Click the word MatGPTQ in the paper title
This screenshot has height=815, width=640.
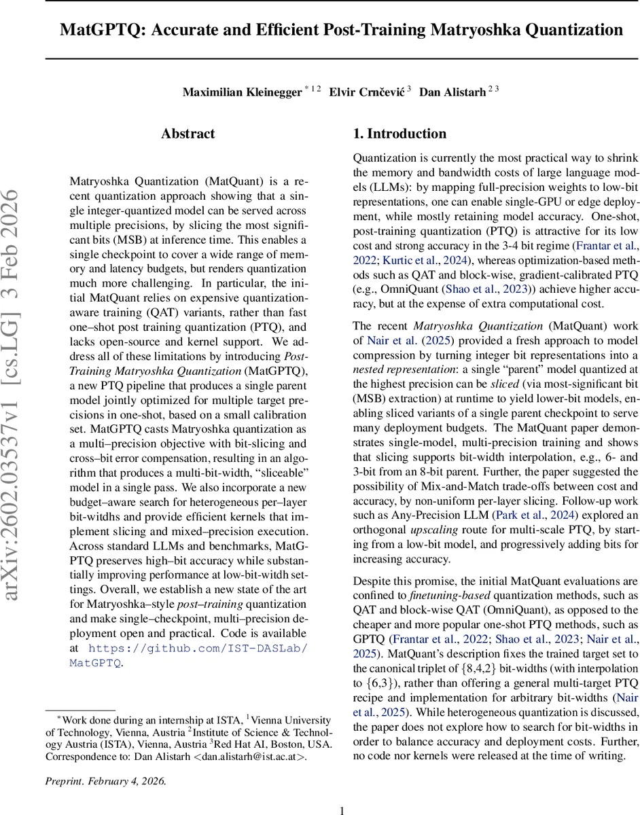tap(100, 30)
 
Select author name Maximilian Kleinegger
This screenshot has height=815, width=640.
tap(242, 92)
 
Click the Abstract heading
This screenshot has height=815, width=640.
tap(188, 134)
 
